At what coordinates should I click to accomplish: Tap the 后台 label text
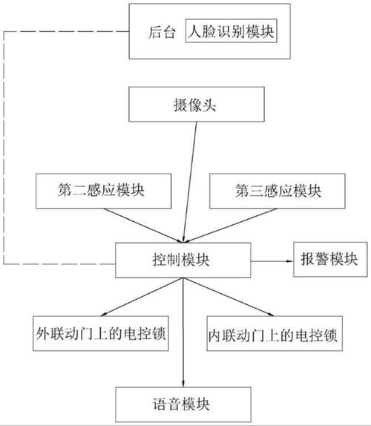(x=162, y=32)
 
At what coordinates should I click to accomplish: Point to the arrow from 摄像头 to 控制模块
(x=190, y=182)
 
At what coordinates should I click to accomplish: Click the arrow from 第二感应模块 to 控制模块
(x=142, y=226)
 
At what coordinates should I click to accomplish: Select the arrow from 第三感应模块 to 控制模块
(x=231, y=226)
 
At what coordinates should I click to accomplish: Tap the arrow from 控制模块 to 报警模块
(x=272, y=261)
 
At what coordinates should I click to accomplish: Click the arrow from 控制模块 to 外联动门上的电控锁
(x=142, y=297)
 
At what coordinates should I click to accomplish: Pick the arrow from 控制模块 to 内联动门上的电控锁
(x=229, y=297)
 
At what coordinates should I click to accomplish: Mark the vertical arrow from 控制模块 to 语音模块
(x=183, y=332)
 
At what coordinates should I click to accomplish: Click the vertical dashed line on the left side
(x=4, y=148)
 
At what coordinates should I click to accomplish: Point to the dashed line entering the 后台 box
(x=66, y=31)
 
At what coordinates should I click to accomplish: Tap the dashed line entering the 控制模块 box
(x=59, y=263)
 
